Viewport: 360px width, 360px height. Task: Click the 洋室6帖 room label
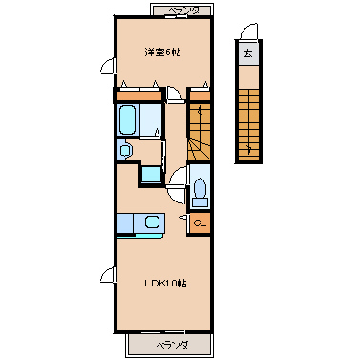click(x=162, y=52)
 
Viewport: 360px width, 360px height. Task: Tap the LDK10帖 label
click(x=165, y=283)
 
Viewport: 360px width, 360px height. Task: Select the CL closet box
click(x=201, y=223)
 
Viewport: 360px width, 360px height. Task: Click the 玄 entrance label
click(x=248, y=53)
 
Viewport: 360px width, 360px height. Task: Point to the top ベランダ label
click(x=183, y=11)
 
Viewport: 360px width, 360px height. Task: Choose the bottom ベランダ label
click(x=172, y=345)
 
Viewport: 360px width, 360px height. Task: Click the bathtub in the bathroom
click(x=128, y=119)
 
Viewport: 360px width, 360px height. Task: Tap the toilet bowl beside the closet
click(x=200, y=188)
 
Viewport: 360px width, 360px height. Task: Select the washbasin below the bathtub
click(x=126, y=151)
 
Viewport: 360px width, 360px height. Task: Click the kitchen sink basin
click(x=152, y=222)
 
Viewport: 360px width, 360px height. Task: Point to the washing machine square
click(x=152, y=175)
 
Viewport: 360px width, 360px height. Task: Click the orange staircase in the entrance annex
click(x=249, y=125)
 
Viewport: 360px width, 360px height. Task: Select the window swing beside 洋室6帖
click(x=108, y=66)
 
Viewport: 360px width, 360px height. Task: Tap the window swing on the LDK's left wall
click(x=108, y=274)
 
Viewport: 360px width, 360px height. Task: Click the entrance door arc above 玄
click(x=249, y=32)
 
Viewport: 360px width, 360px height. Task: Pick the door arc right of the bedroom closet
click(x=175, y=95)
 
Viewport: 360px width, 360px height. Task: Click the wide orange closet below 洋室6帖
click(x=139, y=95)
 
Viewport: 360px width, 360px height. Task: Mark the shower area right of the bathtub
click(x=151, y=119)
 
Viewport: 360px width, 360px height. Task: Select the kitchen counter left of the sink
click(x=125, y=223)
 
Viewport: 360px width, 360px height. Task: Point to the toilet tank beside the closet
click(x=201, y=202)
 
